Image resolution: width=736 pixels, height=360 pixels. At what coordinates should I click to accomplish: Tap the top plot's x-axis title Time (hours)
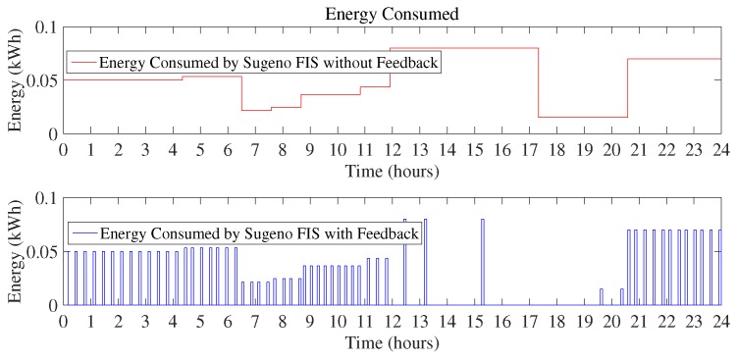tap(392, 172)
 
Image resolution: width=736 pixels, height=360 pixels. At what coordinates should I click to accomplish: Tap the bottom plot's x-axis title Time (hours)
tap(392, 343)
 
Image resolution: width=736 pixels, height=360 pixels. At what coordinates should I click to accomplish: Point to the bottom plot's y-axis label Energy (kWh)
tap(17, 251)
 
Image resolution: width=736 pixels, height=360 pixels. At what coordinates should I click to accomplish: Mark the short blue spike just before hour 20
tap(602, 296)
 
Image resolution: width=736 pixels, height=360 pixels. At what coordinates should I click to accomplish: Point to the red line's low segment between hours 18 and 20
tap(583, 118)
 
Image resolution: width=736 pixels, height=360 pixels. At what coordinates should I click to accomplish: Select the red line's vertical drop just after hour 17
tap(539, 83)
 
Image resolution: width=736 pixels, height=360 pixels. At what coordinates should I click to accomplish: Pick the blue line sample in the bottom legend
tap(80, 233)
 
